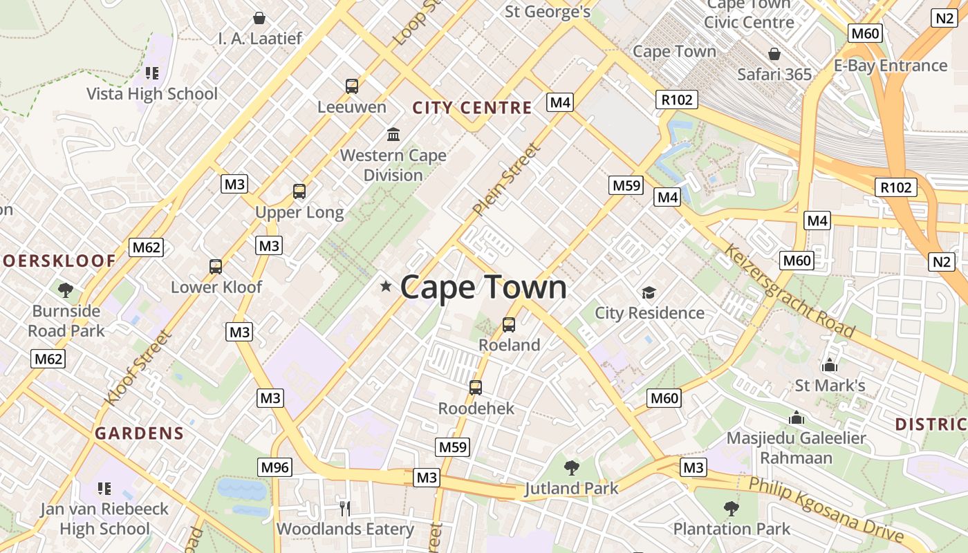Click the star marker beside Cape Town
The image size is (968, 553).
[x=386, y=286]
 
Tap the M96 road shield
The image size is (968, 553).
[x=274, y=467]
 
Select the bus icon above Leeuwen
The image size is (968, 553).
[x=352, y=86]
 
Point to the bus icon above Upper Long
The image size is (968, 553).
[x=299, y=191]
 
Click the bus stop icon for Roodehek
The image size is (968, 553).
[x=476, y=388]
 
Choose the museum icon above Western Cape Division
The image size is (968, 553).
[x=393, y=133]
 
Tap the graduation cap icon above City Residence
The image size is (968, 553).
[x=649, y=293]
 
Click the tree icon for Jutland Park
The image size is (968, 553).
[x=571, y=468]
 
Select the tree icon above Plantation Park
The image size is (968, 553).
[x=732, y=509]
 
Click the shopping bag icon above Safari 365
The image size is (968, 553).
[x=774, y=54]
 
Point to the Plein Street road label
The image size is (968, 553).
[x=505, y=178]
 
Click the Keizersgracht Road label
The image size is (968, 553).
[x=789, y=290]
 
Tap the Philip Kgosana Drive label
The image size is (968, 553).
[x=826, y=510]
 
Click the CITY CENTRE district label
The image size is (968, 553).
[x=472, y=108]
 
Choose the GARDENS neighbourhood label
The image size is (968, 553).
[x=140, y=434]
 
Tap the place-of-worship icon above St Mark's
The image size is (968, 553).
[x=829, y=366]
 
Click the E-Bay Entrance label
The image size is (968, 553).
[x=890, y=66]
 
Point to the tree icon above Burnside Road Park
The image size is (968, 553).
[x=66, y=290]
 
